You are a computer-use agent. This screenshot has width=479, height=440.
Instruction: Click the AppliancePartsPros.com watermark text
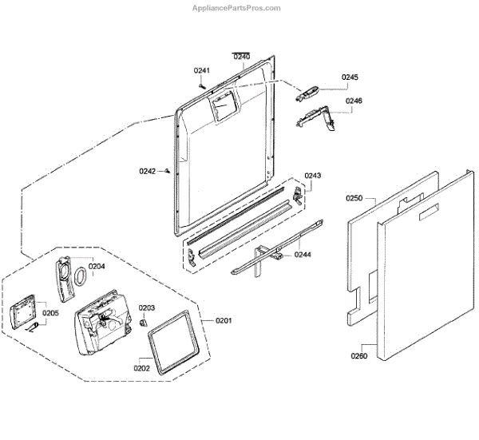tap(237, 8)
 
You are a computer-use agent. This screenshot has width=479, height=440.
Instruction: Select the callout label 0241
tap(202, 71)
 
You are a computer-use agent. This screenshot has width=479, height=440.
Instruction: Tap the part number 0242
tap(147, 170)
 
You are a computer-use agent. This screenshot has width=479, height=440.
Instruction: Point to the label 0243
tap(313, 176)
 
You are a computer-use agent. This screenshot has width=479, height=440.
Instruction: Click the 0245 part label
tap(350, 77)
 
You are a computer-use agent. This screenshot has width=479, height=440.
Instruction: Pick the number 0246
tap(354, 101)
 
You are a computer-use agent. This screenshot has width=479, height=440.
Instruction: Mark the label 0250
tap(354, 198)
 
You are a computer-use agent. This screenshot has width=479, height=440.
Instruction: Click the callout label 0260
tap(358, 356)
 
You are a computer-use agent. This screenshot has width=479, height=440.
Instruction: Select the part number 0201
tap(224, 321)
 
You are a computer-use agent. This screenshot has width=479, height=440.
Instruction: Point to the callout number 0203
tap(147, 308)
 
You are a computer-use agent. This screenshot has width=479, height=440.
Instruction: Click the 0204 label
tap(97, 266)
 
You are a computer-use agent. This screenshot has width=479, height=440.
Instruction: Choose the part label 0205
tap(50, 314)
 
